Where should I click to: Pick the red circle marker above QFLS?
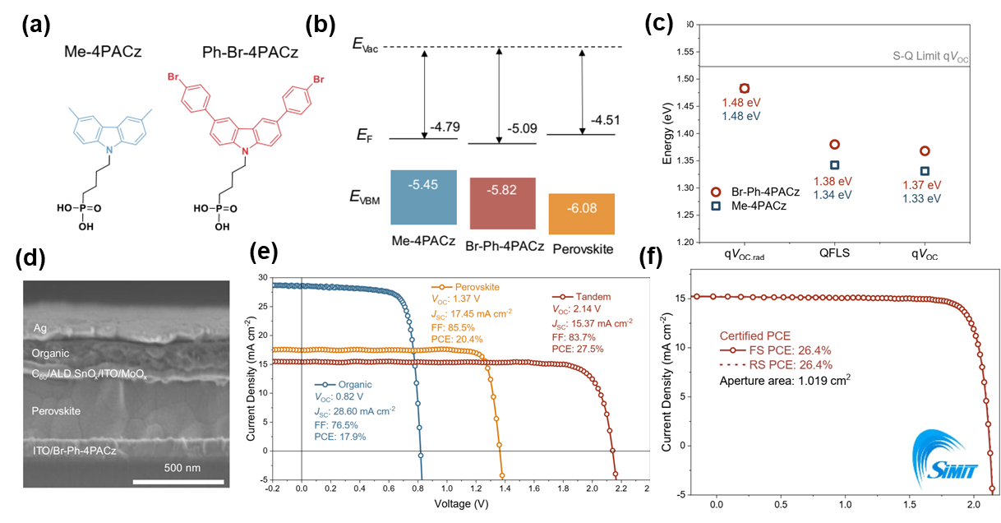click(x=834, y=145)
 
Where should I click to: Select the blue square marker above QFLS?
click(x=834, y=165)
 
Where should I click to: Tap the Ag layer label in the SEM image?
click(x=39, y=327)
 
